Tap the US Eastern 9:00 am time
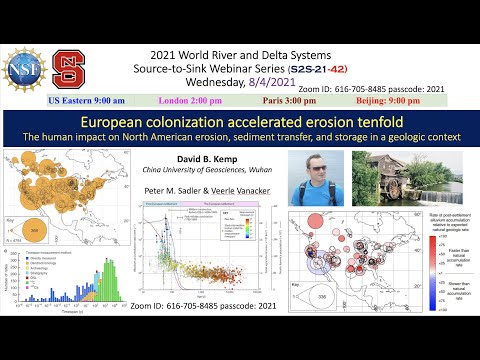pos(90,101)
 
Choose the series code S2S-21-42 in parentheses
pos(319,66)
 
